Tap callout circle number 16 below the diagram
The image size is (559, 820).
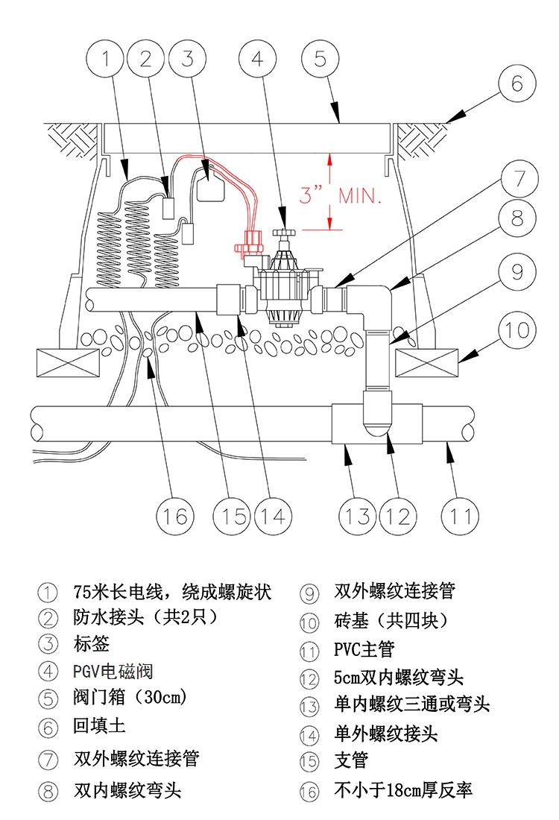177,515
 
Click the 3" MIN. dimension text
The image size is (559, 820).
341,196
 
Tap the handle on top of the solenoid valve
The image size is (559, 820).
284,233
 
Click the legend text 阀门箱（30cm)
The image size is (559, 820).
129,698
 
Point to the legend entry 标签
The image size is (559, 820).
92,643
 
